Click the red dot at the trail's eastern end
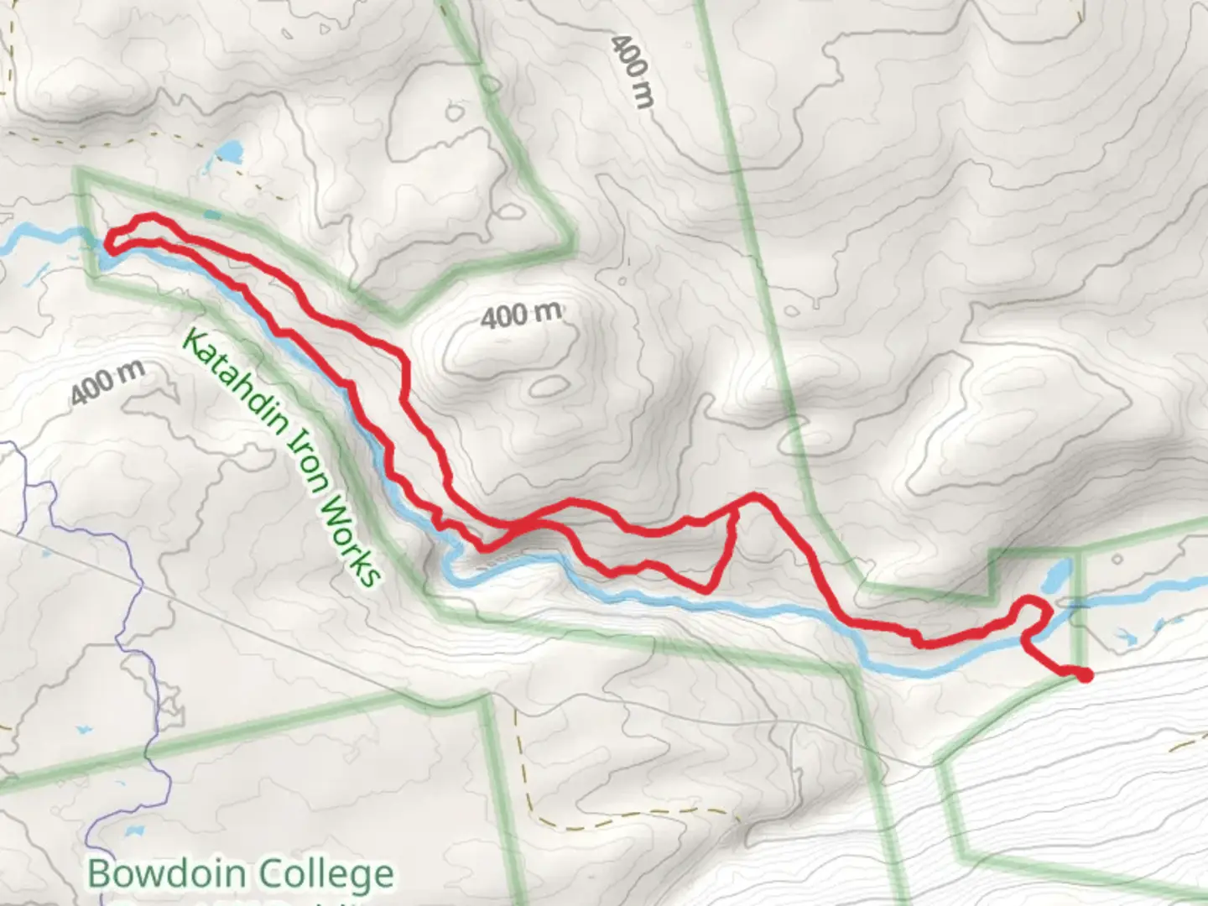(1086, 674)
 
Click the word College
(326, 874)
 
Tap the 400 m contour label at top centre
(631, 72)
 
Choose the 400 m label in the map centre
(521, 315)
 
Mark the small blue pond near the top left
(228, 153)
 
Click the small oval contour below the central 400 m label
(549, 386)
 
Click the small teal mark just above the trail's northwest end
(211, 216)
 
